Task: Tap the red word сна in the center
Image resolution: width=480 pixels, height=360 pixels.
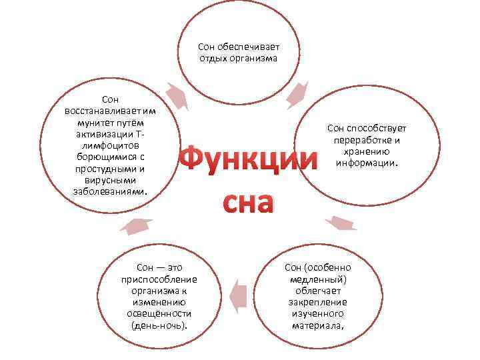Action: pyautogui.click(x=247, y=202)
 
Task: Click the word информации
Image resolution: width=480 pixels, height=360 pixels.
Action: pyautogui.click(x=367, y=163)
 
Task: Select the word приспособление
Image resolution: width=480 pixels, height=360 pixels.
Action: pyautogui.click(x=159, y=279)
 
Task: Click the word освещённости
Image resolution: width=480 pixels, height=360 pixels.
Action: pyautogui.click(x=159, y=314)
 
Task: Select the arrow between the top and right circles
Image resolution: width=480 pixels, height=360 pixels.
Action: pyautogui.click(x=297, y=94)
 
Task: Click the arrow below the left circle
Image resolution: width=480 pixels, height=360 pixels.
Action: pyautogui.click(x=136, y=225)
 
